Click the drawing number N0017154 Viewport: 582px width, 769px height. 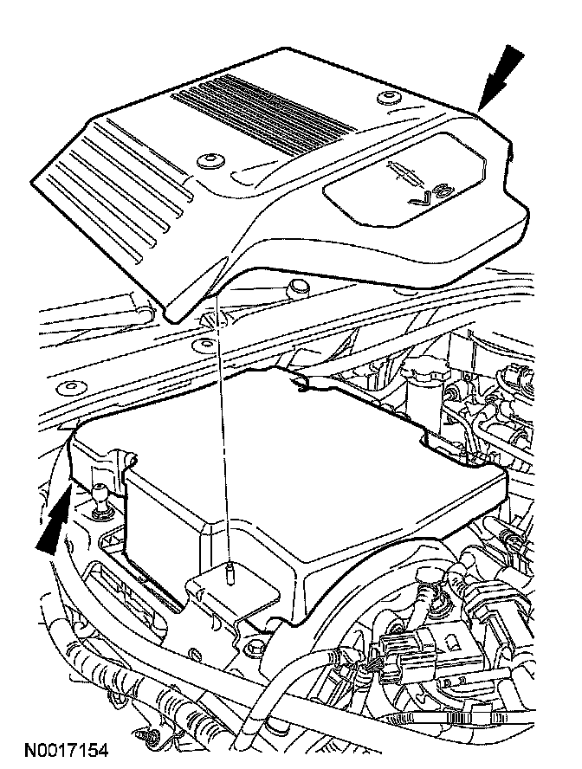(66, 749)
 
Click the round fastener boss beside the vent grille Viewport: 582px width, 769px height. (381, 96)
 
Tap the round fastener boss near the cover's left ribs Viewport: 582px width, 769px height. (209, 161)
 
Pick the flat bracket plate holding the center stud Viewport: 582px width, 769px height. (234, 593)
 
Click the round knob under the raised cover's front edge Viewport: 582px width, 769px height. (297, 286)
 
